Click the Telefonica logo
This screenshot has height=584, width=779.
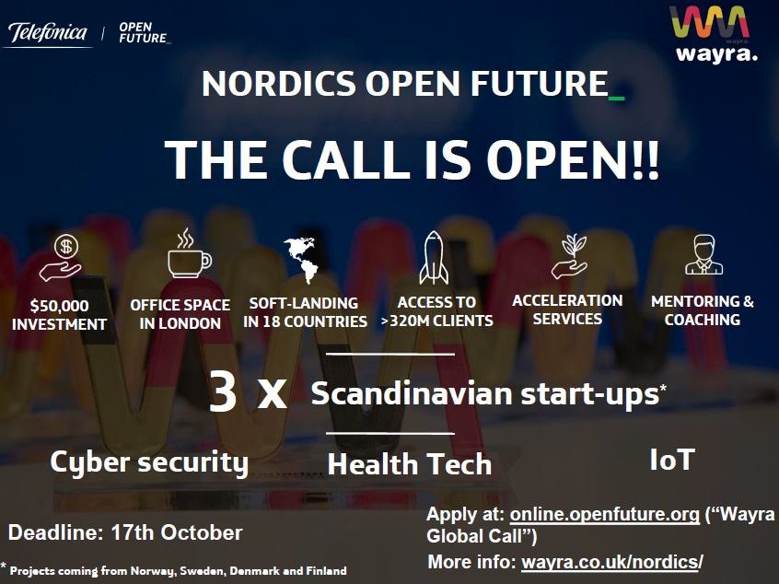(x=48, y=34)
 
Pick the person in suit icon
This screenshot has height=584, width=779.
(x=703, y=255)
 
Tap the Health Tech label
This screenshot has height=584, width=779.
(x=409, y=463)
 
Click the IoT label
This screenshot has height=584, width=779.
(x=671, y=459)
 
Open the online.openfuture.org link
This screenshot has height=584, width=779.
(x=603, y=515)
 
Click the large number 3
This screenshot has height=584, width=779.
(x=223, y=393)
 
